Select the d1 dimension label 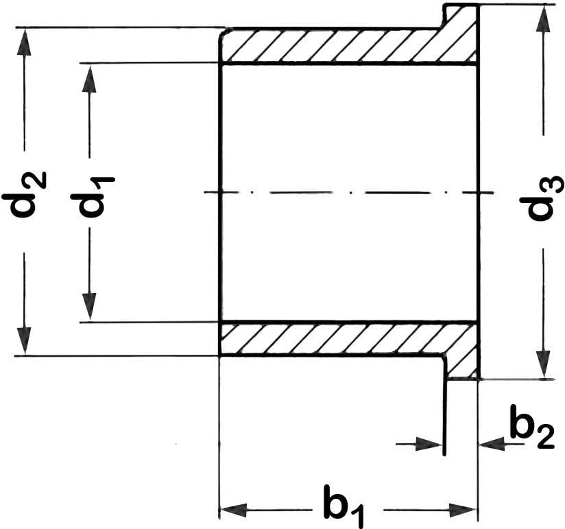pyautogui.click(x=92, y=196)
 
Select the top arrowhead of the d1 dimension pyautogui.click(x=89, y=78)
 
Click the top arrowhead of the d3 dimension pyautogui.click(x=543, y=19)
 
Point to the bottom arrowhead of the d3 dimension pyautogui.click(x=543, y=364)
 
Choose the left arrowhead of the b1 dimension pyautogui.click(x=233, y=510)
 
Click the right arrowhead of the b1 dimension pyautogui.click(x=463, y=510)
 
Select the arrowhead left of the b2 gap pyautogui.click(x=430, y=445)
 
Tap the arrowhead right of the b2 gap pyautogui.click(x=491, y=445)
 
